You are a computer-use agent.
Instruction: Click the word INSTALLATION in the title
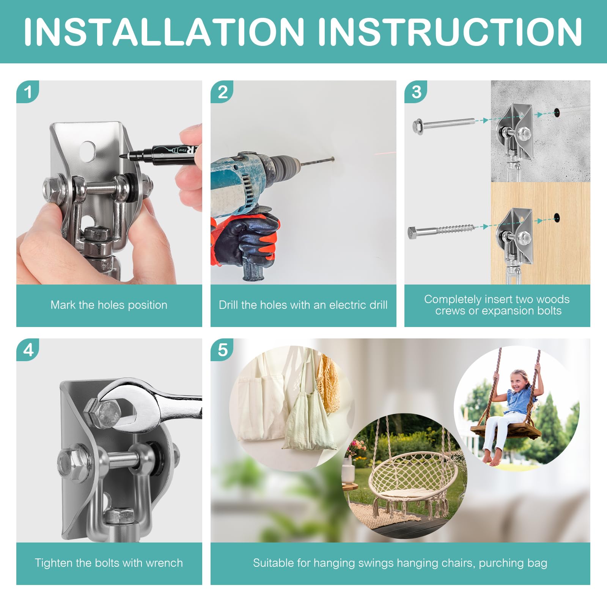pyautogui.click(x=164, y=31)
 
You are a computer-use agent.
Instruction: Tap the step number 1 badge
pyautogui.click(x=28, y=92)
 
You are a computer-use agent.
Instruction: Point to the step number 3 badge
pyautogui.click(x=416, y=92)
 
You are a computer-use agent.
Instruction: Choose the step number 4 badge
pyautogui.click(x=28, y=350)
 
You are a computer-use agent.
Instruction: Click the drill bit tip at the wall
pyautogui.click(x=332, y=159)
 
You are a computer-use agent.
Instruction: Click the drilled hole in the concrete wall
pyautogui.click(x=557, y=112)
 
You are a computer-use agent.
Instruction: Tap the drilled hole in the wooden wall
pyautogui.click(x=557, y=218)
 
